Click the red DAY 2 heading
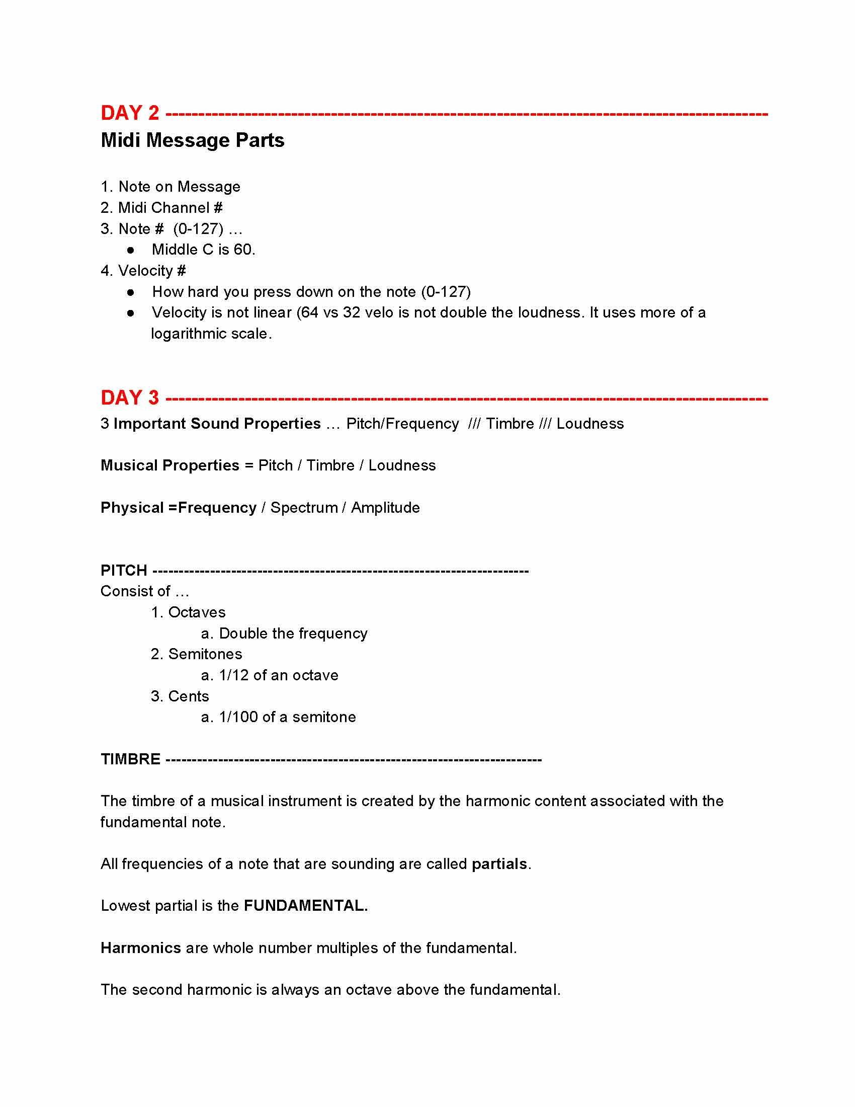click(x=130, y=113)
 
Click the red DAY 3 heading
click(x=130, y=398)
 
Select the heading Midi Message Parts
click(x=193, y=140)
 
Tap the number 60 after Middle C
click(x=243, y=250)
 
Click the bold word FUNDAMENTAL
click(x=305, y=906)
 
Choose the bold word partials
click(x=499, y=863)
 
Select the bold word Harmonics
click(x=141, y=948)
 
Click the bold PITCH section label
click(x=124, y=571)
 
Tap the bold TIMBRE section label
click(x=130, y=759)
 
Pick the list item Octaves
click(x=197, y=612)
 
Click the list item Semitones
click(x=205, y=654)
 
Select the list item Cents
click(x=189, y=696)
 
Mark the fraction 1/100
click(x=238, y=717)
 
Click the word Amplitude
click(x=385, y=508)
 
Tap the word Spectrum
click(x=304, y=508)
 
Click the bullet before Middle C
click(x=131, y=250)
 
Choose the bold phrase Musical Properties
click(x=169, y=465)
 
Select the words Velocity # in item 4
click(x=152, y=271)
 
